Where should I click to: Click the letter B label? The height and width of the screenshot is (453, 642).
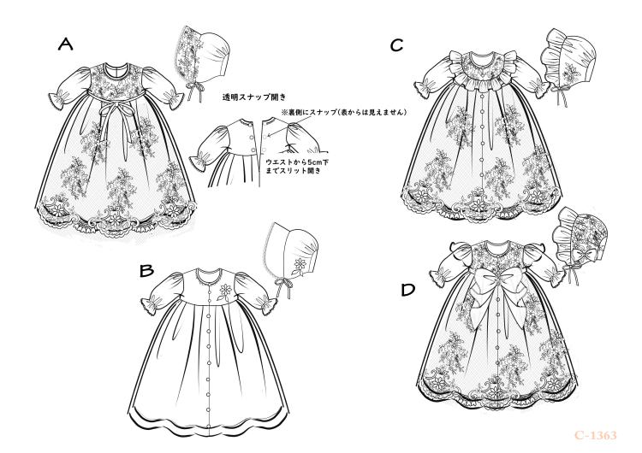pyautogui.click(x=146, y=272)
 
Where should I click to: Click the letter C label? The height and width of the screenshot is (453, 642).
pyautogui.click(x=396, y=44)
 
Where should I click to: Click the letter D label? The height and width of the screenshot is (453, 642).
pyautogui.click(x=408, y=291)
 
